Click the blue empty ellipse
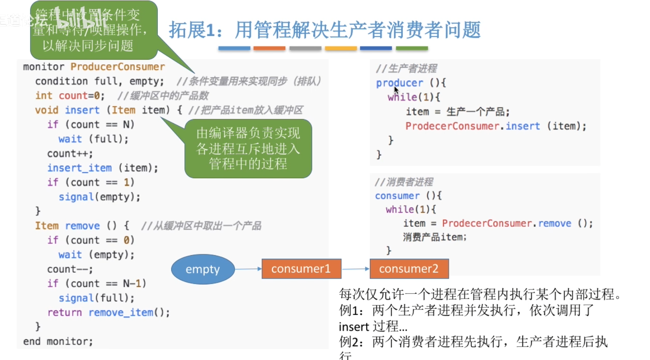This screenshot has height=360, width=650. (203, 269)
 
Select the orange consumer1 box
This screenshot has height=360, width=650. (301, 269)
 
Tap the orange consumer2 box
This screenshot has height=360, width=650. (409, 269)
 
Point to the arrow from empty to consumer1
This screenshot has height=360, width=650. (248, 269)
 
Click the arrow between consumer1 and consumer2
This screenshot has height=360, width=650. (356, 269)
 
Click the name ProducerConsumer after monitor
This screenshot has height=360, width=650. (117, 67)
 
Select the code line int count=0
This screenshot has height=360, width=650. (70, 96)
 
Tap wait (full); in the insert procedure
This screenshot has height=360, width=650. (93, 139)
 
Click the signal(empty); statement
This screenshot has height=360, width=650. (99, 197)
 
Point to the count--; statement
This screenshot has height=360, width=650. (70, 269)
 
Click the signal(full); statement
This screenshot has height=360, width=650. (96, 298)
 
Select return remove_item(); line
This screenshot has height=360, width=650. (109, 312)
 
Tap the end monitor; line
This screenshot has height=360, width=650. (58, 342)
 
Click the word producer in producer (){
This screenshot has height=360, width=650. (399, 83)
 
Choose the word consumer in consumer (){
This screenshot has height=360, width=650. (397, 196)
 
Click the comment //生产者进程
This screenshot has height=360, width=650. (406, 68)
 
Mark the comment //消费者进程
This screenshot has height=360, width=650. (404, 182)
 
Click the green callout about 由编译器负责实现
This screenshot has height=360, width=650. (248, 149)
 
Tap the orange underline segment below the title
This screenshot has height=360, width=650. (269, 48)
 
